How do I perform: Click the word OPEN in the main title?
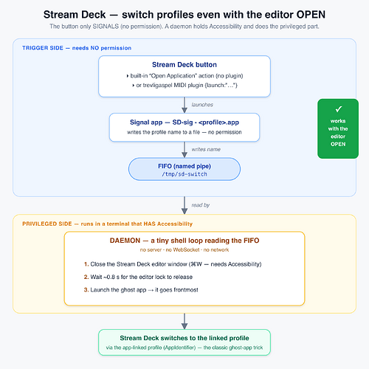coord(311,15)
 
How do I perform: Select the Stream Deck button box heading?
coord(184,65)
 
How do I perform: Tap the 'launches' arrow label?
coord(202,105)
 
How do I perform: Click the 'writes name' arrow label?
coord(206,149)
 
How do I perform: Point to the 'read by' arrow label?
coord(201,205)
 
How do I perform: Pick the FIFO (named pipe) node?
coord(184,169)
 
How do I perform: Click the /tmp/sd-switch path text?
coord(184,174)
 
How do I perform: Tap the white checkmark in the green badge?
coord(339,109)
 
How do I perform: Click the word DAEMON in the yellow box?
coord(125,241)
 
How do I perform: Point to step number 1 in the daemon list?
coord(86,264)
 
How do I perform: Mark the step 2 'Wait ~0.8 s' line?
coord(138,277)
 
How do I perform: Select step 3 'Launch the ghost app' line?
coord(141,290)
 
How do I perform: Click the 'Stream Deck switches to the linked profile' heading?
coord(184,338)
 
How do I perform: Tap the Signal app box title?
coord(184,123)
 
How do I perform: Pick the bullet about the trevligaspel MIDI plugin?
coord(184,86)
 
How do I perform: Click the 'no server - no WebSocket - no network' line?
coord(184,250)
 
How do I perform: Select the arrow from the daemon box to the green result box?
coord(184,321)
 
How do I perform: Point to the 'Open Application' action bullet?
coord(184,76)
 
